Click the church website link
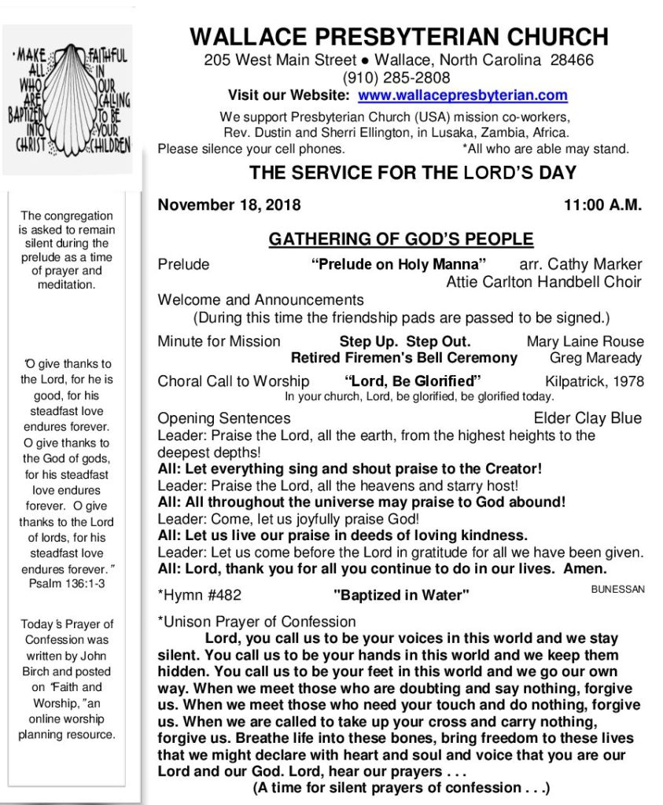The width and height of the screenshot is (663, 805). click(462, 96)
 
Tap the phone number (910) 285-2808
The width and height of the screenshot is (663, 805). click(396, 78)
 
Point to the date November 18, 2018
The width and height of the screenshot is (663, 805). click(229, 206)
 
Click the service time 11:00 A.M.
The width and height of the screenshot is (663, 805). click(602, 206)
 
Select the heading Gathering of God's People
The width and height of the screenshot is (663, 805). click(401, 239)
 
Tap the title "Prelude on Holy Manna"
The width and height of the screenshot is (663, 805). click(399, 264)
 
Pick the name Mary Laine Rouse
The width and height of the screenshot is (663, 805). click(585, 341)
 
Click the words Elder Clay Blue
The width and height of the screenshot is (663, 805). click(587, 417)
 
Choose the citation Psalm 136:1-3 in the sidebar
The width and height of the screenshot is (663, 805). click(67, 585)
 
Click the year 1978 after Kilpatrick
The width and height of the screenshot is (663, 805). click(627, 382)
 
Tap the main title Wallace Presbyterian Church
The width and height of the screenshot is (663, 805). click(399, 37)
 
